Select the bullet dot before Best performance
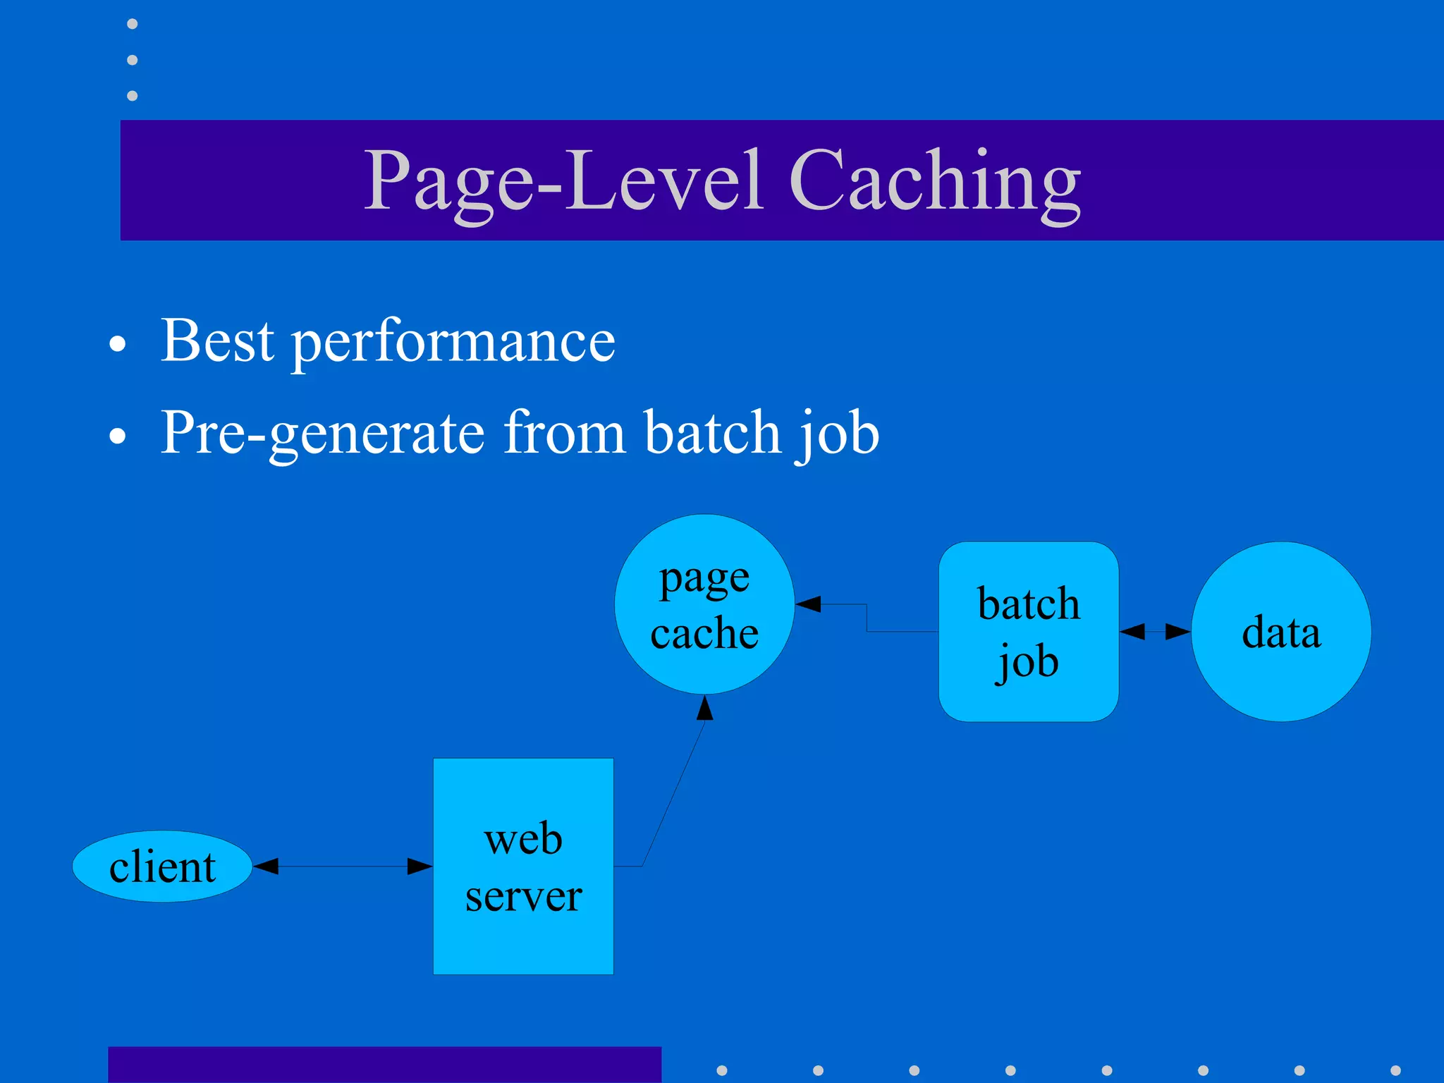pyautogui.click(x=118, y=345)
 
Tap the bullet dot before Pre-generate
pyautogui.click(x=118, y=436)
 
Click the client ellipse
pyautogui.click(x=162, y=866)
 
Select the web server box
pyautogui.click(x=523, y=866)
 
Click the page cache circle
pyautogui.click(x=704, y=604)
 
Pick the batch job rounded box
pyautogui.click(x=1029, y=631)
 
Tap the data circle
pyautogui.click(x=1281, y=631)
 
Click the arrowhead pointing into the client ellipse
pyautogui.click(x=267, y=866)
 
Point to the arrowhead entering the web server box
pyautogui.click(x=420, y=866)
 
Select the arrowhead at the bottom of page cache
pyautogui.click(x=705, y=708)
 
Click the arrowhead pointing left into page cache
pyautogui.click(x=808, y=604)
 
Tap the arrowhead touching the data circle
pyautogui.click(x=1177, y=631)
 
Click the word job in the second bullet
pyautogui.click(x=838, y=433)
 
